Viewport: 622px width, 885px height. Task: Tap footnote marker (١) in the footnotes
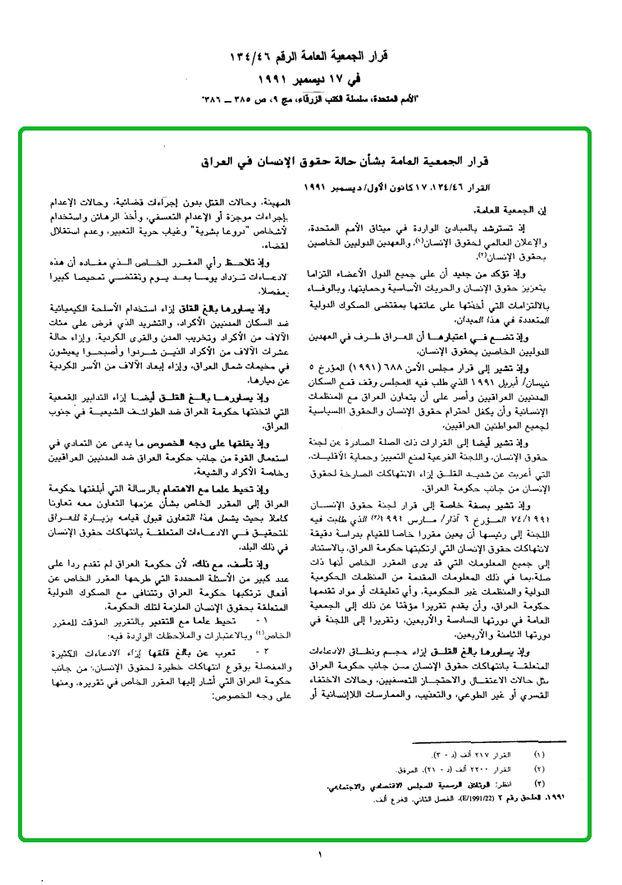pyautogui.click(x=539, y=753)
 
